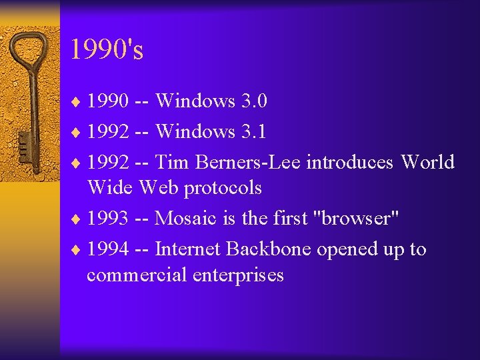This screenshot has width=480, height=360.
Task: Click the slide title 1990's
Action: pos(107,50)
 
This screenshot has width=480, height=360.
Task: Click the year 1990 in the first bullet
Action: pos(109,101)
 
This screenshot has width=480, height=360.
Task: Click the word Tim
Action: pos(170,162)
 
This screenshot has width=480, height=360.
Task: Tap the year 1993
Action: pos(109,219)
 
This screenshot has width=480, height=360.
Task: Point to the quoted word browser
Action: pos(361,219)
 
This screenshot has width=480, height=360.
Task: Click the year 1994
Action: pos(109,249)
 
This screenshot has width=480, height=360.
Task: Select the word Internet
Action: pos(188,249)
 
